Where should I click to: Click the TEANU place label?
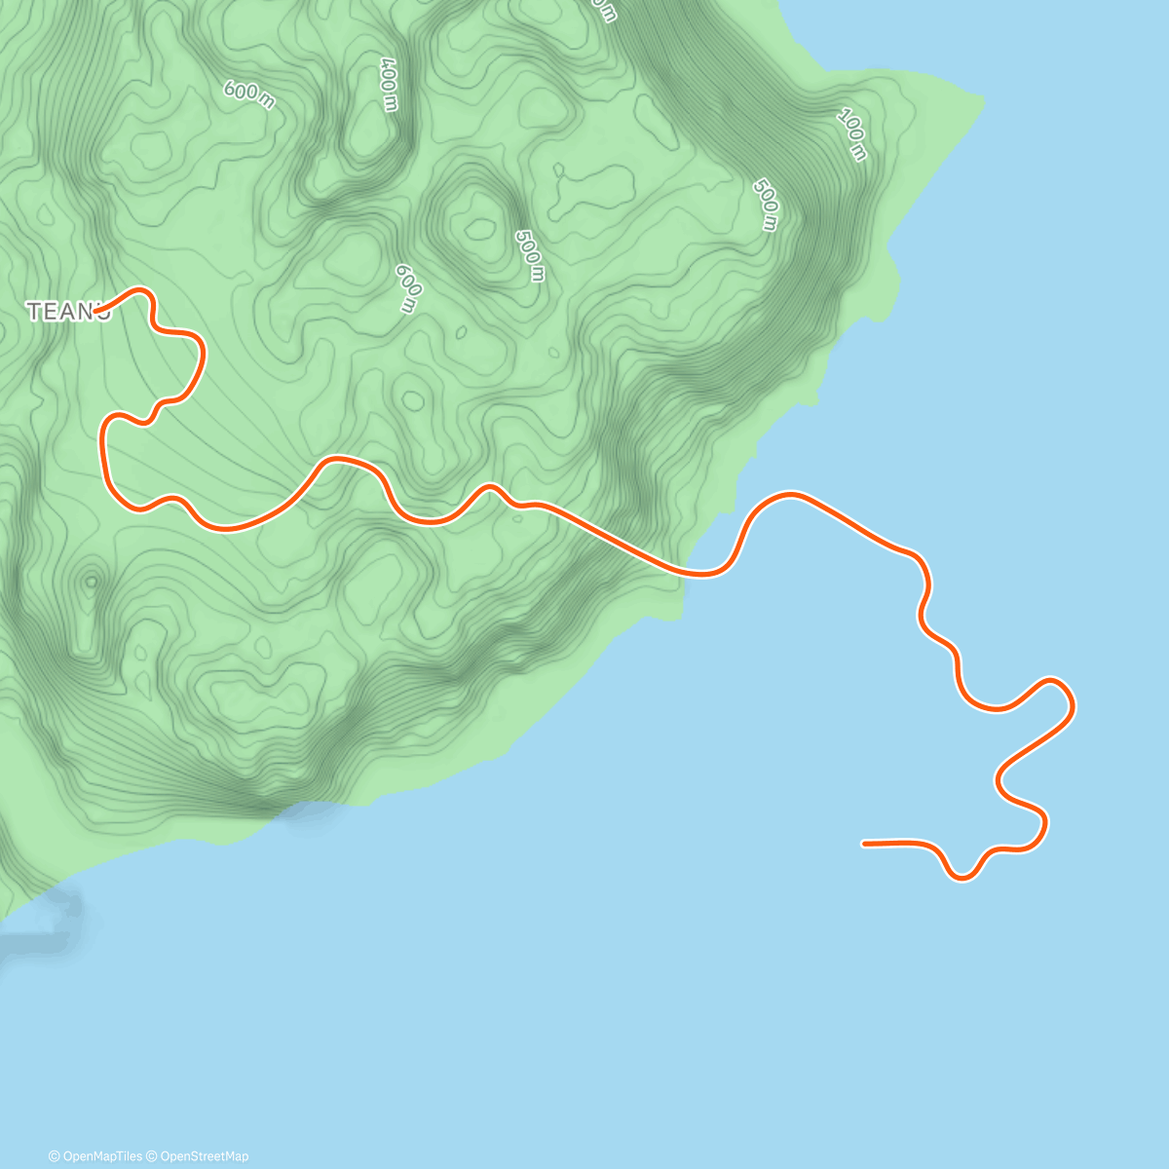click(67, 312)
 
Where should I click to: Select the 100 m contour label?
click(851, 134)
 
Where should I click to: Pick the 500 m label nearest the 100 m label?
click(767, 205)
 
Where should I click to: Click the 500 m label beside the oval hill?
click(528, 255)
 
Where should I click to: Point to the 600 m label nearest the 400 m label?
click(249, 94)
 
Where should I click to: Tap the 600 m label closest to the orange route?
click(407, 288)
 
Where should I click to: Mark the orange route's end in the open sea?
click(864, 844)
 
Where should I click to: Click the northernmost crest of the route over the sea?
click(789, 495)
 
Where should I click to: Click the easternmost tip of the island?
click(982, 98)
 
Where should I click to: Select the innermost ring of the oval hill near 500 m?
click(479, 230)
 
